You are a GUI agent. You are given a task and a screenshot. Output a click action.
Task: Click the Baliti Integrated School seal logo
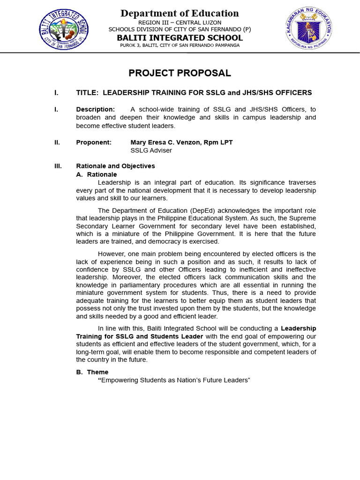[63, 29]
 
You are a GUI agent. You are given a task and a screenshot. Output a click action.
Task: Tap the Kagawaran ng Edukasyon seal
[308, 29]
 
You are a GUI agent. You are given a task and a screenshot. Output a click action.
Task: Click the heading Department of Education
[180, 13]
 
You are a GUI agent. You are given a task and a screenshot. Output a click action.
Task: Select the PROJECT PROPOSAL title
[180, 73]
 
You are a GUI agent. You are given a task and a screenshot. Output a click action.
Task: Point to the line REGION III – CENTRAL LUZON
[180, 22]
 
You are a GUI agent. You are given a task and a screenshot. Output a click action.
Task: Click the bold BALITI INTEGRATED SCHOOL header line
[180, 37]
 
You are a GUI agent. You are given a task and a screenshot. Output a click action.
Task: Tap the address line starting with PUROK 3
[180, 45]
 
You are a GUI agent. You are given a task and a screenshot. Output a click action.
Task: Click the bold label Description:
[95, 109]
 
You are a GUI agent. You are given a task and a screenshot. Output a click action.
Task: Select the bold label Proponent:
[94, 142]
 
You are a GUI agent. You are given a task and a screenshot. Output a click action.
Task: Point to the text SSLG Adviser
[151, 150]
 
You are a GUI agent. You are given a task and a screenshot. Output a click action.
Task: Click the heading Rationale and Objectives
[115, 166]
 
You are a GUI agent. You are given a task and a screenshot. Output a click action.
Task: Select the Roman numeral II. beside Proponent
[57, 142]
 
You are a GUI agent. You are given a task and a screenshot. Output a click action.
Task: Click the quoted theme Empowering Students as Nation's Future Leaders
[174, 380]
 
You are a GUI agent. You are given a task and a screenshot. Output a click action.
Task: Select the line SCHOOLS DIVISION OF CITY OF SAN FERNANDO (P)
[180, 30]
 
